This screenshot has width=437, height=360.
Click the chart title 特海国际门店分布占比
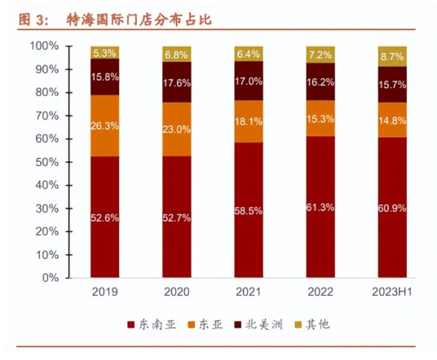click(130, 18)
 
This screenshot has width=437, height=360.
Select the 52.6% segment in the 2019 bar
click(104, 217)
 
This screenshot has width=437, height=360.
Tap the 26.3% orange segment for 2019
click(104, 125)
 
